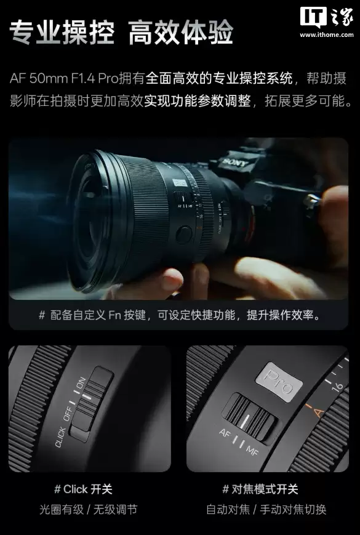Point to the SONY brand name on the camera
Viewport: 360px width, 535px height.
(x=234, y=162)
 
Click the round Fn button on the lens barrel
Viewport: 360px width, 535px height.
(x=183, y=235)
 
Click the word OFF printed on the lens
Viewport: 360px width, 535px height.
(x=70, y=411)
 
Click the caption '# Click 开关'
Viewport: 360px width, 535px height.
(x=83, y=489)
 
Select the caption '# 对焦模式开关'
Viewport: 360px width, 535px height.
(x=259, y=489)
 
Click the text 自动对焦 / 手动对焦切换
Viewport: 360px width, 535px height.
(x=266, y=510)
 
